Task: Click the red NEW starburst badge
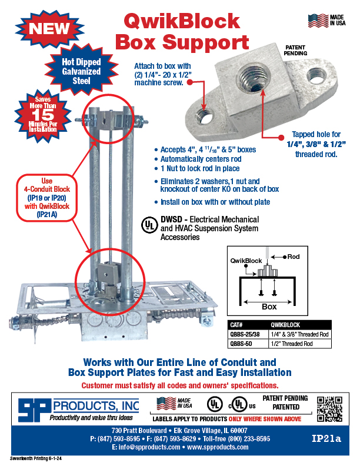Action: tap(49, 28)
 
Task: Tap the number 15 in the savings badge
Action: tap(43, 115)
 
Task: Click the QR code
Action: tap(329, 409)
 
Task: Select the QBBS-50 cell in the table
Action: tap(241, 344)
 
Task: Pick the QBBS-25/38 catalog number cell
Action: tap(245, 334)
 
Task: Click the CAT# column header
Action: tap(236, 325)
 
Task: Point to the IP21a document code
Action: tap(326, 439)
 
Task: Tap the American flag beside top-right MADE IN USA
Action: tap(318, 21)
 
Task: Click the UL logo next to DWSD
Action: tap(149, 225)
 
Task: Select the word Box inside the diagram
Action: tap(269, 307)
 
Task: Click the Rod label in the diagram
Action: tap(293, 257)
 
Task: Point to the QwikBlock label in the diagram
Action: tap(246, 261)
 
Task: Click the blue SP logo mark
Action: tap(34, 410)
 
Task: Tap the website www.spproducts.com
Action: tap(218, 447)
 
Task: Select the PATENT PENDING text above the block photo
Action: tap(295, 50)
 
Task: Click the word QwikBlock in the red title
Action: tap(182, 21)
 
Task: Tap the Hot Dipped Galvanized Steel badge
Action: tap(81, 71)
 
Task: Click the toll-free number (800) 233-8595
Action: tap(253, 439)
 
